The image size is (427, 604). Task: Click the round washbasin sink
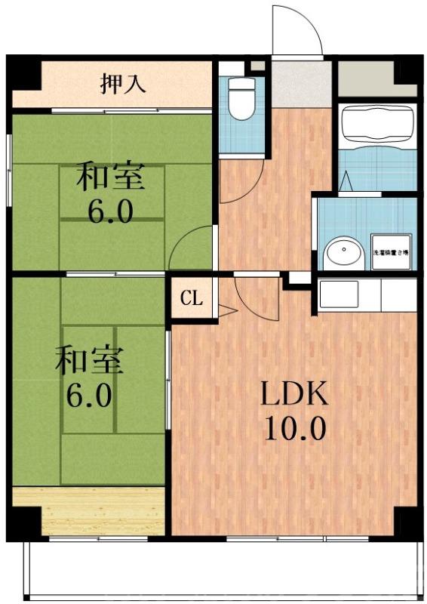point(343,251)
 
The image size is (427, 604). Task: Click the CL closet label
point(192,298)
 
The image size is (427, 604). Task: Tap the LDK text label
point(293,395)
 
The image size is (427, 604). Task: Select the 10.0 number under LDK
point(294,429)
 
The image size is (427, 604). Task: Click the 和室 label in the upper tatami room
point(111,178)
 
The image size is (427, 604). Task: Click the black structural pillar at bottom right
point(407,520)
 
